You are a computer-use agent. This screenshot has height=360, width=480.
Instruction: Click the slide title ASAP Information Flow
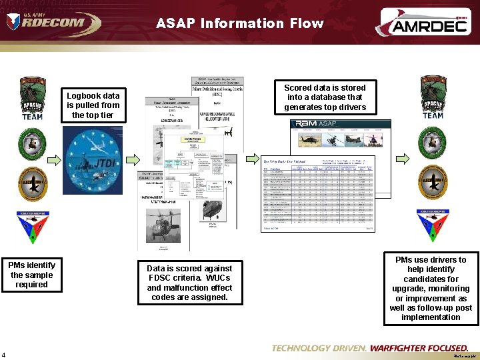(x=240, y=23)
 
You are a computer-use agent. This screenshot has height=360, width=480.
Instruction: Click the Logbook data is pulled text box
(x=93, y=105)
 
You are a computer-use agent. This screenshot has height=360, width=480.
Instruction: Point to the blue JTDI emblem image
(x=93, y=159)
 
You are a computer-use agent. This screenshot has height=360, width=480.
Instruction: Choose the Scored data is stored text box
(x=325, y=97)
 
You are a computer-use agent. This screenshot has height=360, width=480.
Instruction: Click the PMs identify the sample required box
(x=32, y=275)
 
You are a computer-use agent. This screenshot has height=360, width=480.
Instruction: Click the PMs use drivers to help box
(x=430, y=289)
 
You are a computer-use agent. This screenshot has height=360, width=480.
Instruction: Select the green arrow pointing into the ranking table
(x=251, y=159)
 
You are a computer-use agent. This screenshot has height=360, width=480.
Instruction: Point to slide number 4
(x=4, y=354)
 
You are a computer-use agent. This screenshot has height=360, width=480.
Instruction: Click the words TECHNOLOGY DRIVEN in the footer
(x=319, y=348)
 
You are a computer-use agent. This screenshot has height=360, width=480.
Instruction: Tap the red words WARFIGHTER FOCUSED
(x=419, y=348)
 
